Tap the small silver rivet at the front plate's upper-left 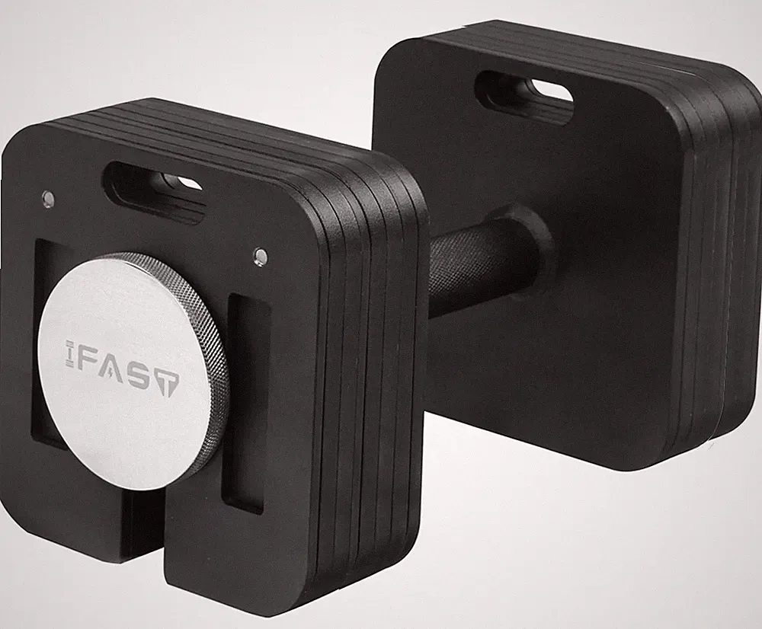click(x=47, y=197)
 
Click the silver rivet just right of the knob click(x=261, y=256)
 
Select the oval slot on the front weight click(x=155, y=192)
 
